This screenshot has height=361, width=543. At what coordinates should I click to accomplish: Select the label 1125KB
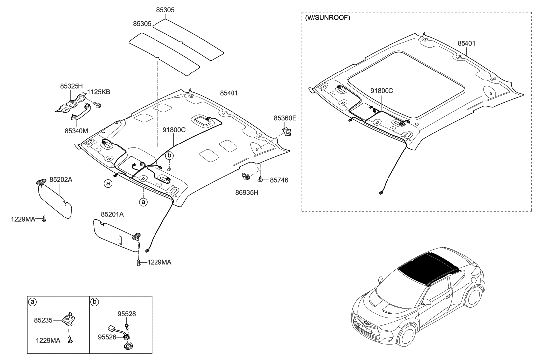click(x=99, y=92)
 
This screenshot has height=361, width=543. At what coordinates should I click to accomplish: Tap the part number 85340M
click(x=76, y=131)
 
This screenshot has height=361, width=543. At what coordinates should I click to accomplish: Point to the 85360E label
click(x=285, y=118)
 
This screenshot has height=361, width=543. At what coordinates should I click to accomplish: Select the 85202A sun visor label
click(x=61, y=179)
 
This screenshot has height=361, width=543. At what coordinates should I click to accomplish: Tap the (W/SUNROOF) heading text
click(x=327, y=18)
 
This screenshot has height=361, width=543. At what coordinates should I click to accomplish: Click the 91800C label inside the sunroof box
click(x=382, y=91)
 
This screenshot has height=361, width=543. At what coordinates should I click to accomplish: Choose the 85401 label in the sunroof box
click(x=466, y=43)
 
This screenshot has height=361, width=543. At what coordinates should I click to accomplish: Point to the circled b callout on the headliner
click(x=169, y=155)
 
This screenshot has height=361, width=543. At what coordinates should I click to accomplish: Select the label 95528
click(x=126, y=314)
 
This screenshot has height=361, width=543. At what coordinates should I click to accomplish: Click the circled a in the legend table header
click(x=33, y=301)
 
